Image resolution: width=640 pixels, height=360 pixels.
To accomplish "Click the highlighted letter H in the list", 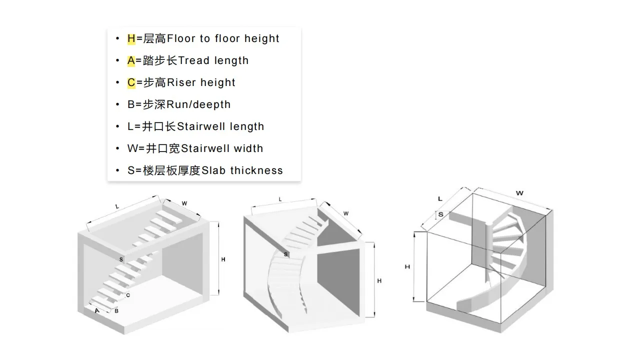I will pos(131,38).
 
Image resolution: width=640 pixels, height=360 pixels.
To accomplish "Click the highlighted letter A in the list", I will pos(131,60).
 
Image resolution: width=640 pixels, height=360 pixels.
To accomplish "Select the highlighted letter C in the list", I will pos(131,82).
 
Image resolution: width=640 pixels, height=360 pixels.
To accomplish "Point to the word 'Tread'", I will pos(193,60).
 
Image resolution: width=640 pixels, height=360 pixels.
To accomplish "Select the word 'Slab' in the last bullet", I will pos(214,170).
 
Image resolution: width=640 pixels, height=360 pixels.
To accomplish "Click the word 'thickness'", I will pos(256,170).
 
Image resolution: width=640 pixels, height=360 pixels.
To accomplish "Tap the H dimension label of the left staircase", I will pos(223,259).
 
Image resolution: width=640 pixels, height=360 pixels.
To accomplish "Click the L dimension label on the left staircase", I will pos(117,206).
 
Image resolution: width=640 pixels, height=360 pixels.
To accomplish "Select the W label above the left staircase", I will pos(184,203).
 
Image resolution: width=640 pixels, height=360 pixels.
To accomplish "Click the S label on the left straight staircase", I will pos(121,259).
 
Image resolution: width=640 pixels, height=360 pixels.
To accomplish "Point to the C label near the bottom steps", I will pos(128,295).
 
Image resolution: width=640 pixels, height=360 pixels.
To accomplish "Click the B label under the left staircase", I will pos(116,311).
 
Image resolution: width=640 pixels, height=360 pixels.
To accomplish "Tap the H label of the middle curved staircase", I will pos(379,281).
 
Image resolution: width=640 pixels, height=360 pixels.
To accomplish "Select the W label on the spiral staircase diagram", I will pos(520,193).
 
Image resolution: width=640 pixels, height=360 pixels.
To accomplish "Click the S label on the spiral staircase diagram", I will pos(440,214).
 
